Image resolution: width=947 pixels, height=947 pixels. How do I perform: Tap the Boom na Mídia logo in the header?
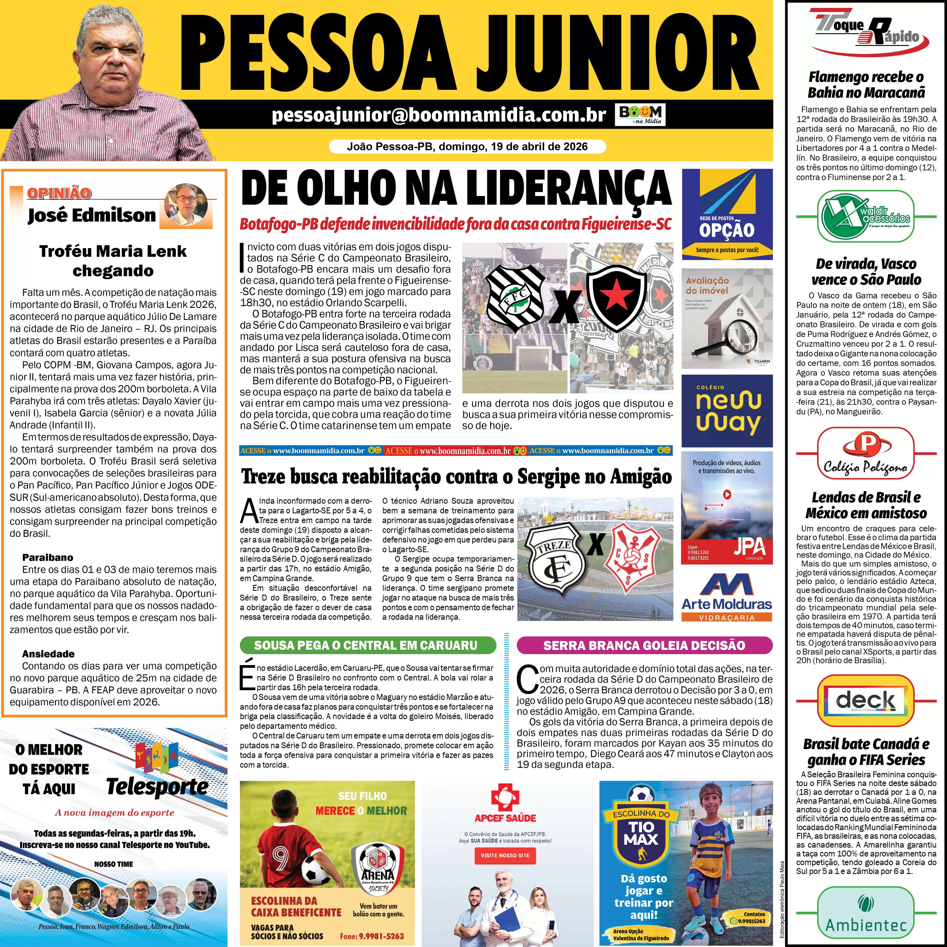(x=640, y=115)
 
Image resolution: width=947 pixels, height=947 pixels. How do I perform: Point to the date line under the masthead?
(x=467, y=147)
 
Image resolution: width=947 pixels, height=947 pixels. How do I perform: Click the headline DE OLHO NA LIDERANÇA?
(x=456, y=189)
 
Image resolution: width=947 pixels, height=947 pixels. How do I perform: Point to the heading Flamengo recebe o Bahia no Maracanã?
(x=866, y=84)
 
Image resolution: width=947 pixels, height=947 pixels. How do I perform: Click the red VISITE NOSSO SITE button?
(x=505, y=855)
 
